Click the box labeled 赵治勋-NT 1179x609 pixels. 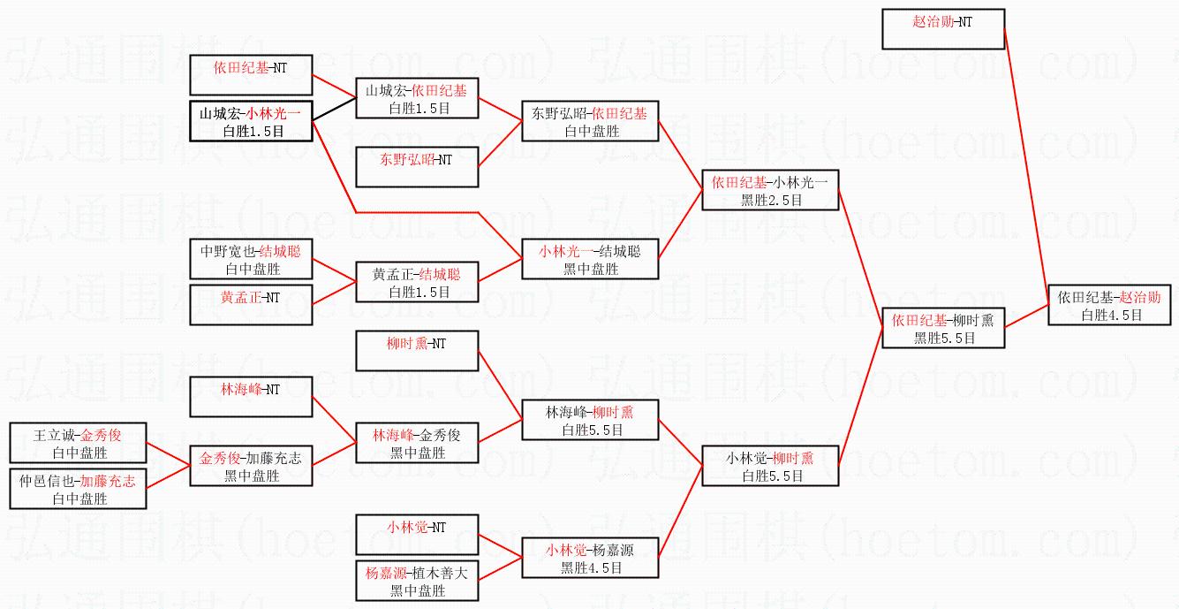pyautogui.click(x=943, y=29)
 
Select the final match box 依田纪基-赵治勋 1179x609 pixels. pyautogui.click(x=1109, y=305)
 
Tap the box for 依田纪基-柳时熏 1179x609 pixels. pyautogui.click(x=943, y=328)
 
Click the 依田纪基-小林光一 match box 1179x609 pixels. pyautogui.click(x=770, y=190)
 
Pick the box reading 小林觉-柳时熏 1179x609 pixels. pyautogui.click(x=770, y=466)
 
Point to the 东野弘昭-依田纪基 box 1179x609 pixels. pyautogui.click(x=590, y=121)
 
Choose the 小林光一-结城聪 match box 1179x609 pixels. pyautogui.click(x=590, y=259)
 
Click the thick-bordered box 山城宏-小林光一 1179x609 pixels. pyautogui.click(x=251, y=121)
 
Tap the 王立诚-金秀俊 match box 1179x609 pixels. pyautogui.click(x=78, y=443)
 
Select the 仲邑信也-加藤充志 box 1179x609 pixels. pyautogui.click(x=78, y=489)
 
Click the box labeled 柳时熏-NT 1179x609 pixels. pyautogui.click(x=417, y=351)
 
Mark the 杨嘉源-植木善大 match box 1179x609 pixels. pyautogui.click(x=417, y=581)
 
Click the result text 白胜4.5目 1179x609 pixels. pyautogui.click(x=1112, y=315)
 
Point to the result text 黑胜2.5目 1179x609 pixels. pyautogui.click(x=772, y=200)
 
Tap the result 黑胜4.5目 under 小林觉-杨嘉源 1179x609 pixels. pyautogui.click(x=592, y=568)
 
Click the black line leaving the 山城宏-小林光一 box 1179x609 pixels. pyautogui.click(x=334, y=110)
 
